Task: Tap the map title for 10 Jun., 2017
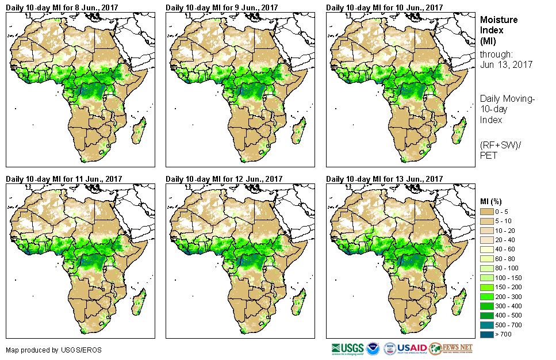coord(384,7)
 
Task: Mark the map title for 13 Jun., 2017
coord(384,179)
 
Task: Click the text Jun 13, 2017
coord(506,64)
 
